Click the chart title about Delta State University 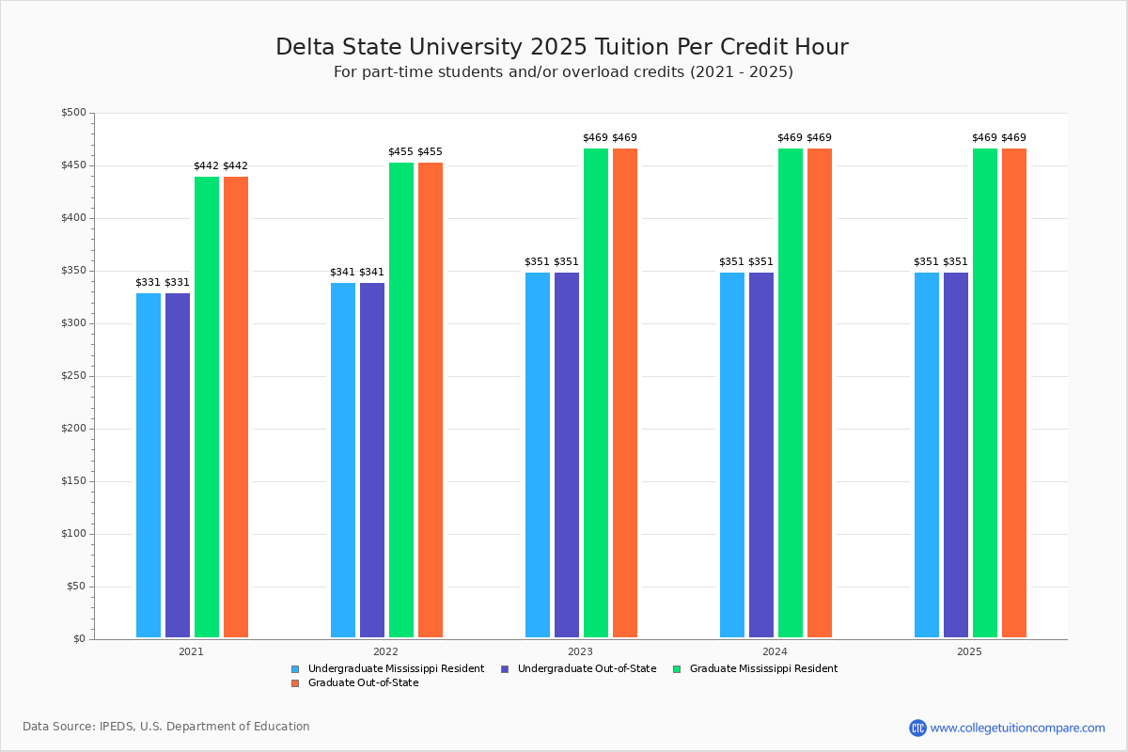click(561, 47)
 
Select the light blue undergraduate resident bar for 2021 click(149, 465)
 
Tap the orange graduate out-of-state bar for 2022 click(431, 399)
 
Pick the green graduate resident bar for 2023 click(596, 393)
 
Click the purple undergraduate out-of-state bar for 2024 click(761, 455)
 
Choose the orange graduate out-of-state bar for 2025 click(1014, 393)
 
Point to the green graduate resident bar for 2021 click(207, 407)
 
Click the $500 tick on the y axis click(73, 113)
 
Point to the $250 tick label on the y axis click(73, 376)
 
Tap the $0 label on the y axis click(79, 639)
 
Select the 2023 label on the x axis click(580, 650)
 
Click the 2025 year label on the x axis click(969, 650)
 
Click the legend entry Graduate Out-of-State click(363, 682)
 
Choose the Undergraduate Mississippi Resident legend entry click(396, 668)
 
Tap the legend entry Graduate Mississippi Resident click(762, 668)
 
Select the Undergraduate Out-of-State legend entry click(587, 668)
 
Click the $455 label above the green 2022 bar click(400, 151)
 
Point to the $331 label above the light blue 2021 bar click(148, 282)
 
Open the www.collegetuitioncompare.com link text click(1017, 728)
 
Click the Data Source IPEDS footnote click(166, 727)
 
